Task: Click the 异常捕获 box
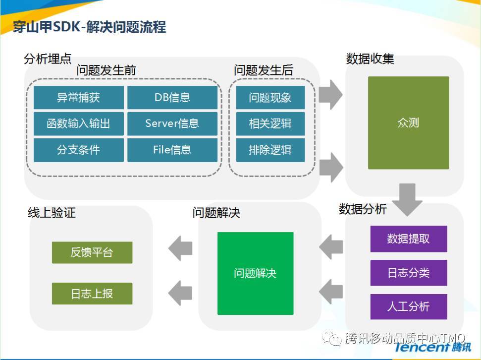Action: tap(78, 97)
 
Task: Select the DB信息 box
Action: tap(172, 97)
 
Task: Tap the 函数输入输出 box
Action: tap(78, 123)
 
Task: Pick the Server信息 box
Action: tap(172, 123)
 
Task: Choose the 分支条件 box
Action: tap(78, 150)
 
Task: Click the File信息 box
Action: tap(172, 150)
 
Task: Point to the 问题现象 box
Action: tap(270, 97)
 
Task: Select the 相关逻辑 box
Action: tap(270, 123)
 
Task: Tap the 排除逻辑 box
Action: tap(270, 150)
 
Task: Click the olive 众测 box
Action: tap(408, 122)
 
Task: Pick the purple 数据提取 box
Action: tap(408, 239)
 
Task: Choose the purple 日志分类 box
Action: tap(408, 273)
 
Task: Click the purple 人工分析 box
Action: tap(408, 306)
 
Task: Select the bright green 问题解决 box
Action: tap(255, 273)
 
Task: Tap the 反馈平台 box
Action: tap(92, 252)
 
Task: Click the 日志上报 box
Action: tap(92, 294)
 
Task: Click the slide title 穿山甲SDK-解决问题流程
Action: tap(90, 27)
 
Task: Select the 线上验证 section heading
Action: tap(52, 213)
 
